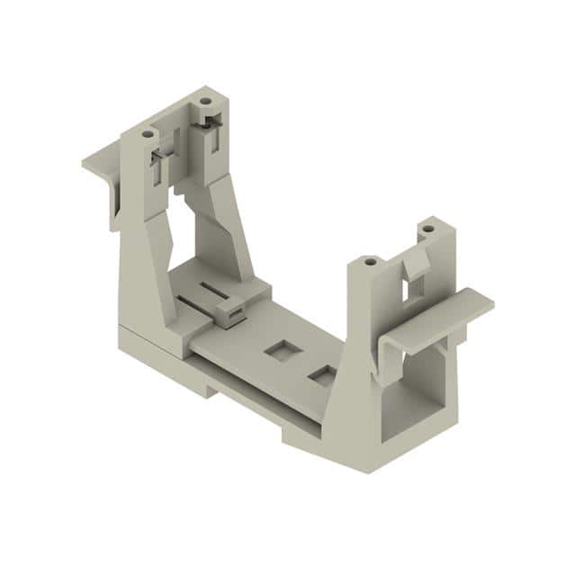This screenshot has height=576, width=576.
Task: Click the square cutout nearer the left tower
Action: point(275,346)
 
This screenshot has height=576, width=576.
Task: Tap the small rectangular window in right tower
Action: point(416,288)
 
